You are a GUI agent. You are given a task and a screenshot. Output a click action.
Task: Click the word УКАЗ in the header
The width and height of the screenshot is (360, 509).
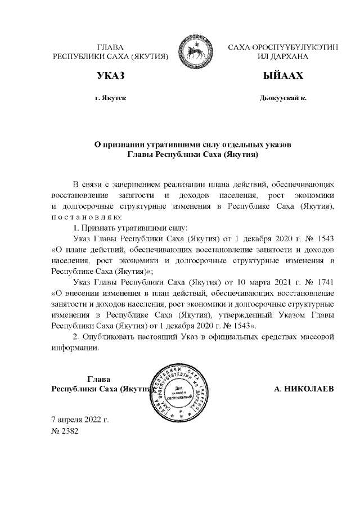(x=110, y=76)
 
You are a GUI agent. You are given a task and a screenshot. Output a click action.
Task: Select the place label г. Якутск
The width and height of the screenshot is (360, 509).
(x=111, y=98)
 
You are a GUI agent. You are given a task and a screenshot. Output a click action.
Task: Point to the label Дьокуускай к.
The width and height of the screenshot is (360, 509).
(x=283, y=98)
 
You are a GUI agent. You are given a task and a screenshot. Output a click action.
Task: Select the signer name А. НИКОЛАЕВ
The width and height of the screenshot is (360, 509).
(x=304, y=389)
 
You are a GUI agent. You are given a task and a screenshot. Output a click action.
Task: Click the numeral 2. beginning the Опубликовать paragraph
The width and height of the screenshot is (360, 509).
(x=76, y=336)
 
